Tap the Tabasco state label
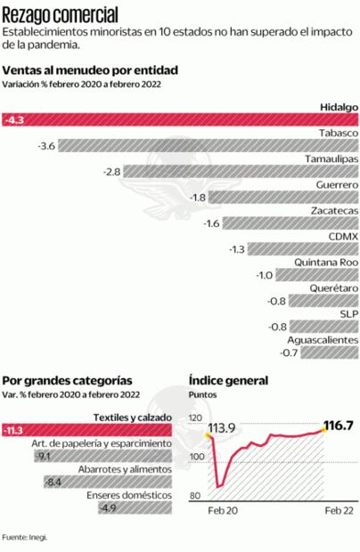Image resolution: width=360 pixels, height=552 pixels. tap(338, 133)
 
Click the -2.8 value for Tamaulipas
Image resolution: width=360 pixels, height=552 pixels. tap(111, 171)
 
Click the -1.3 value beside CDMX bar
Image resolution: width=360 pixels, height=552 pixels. tap(237, 249)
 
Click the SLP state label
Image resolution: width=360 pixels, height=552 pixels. tap(348, 314)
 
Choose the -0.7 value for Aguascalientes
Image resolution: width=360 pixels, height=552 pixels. tap(289, 353)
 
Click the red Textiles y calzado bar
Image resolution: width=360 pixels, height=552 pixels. tap(89, 431)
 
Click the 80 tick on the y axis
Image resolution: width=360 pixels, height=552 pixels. tap(193, 495)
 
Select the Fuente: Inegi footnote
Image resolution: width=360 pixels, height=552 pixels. tap(24, 537)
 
